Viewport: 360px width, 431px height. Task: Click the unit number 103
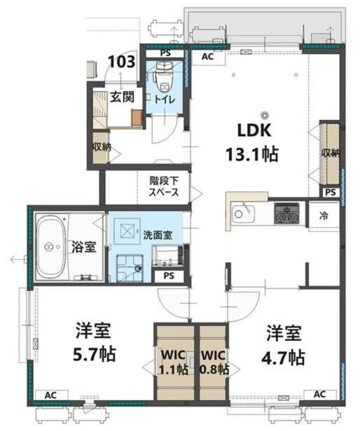coord(121,63)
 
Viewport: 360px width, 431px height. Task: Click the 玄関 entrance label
coord(122,97)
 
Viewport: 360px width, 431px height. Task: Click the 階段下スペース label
coord(164,187)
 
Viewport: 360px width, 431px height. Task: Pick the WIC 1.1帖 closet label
coord(173,362)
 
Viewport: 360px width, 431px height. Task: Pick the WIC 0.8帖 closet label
coord(214,362)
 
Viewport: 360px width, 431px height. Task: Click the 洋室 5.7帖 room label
coord(92,342)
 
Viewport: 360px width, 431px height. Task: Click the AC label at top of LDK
coord(209,57)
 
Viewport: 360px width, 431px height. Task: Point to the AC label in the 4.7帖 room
coord(320,394)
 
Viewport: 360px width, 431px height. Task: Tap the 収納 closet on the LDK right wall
coord(330,153)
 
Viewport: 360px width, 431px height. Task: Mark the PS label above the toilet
coord(165,53)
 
